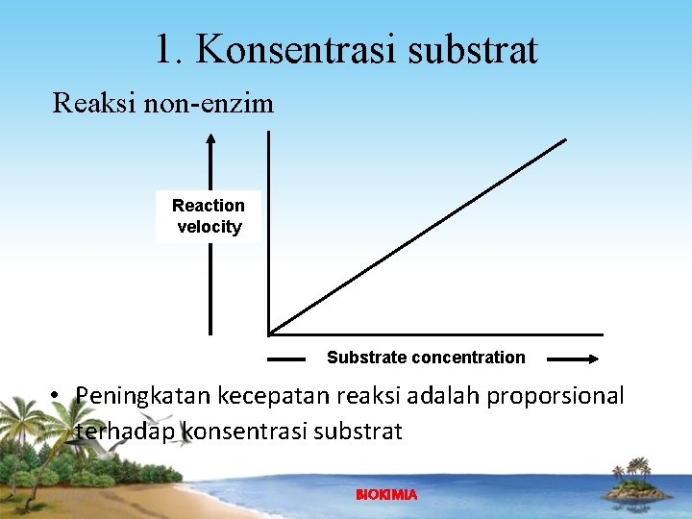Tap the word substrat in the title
tap(472, 50)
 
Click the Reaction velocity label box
tap(209, 216)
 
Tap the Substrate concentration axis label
tap(426, 358)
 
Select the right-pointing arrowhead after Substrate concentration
tap(588, 359)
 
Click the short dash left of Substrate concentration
tap(285, 359)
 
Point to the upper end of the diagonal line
tap(564, 140)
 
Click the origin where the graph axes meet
tap(270, 334)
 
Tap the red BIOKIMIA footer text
tap(386, 495)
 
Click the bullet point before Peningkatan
tap(59, 396)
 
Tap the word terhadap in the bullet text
tap(125, 432)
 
